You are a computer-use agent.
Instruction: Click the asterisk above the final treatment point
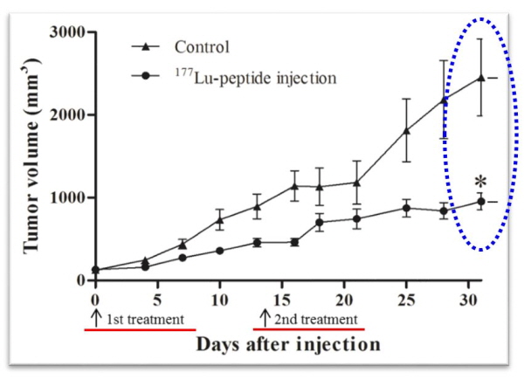480,182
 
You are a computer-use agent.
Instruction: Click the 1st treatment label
145,319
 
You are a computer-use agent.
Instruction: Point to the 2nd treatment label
316,319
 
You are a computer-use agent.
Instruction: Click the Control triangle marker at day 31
480,78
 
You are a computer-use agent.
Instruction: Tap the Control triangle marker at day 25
406,131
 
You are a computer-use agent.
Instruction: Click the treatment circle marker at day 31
480,202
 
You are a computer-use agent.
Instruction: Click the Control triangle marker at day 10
220,220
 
